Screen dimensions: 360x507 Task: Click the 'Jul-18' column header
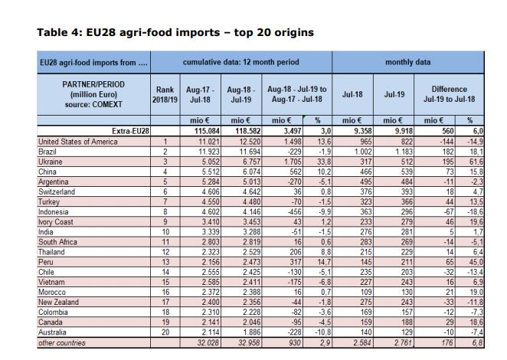(x=352, y=94)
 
